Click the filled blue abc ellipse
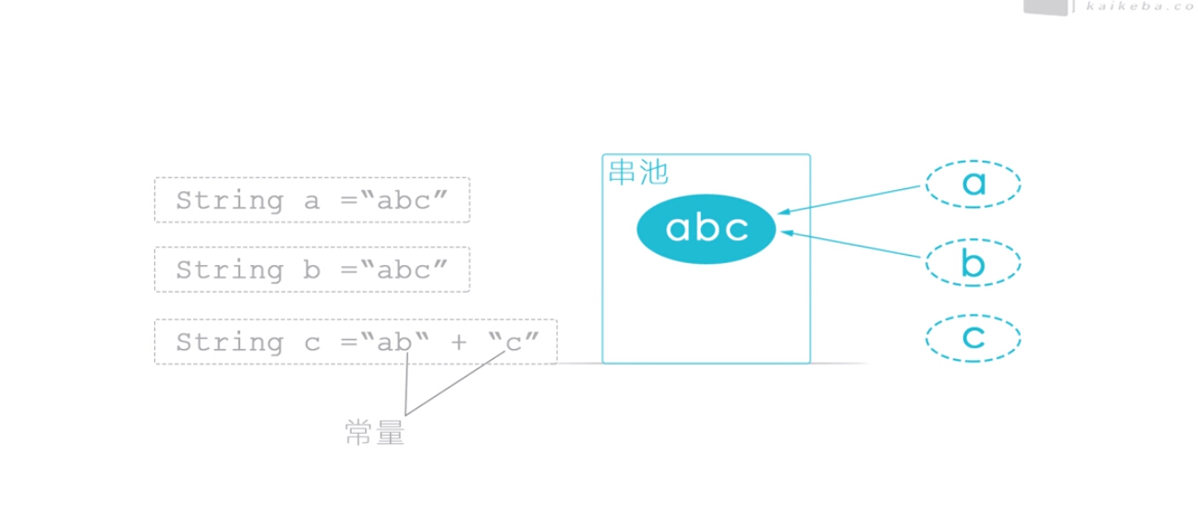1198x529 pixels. [x=706, y=229]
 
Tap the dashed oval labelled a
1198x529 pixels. [x=974, y=162]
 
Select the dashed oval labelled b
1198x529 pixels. [x=974, y=240]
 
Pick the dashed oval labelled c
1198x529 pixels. [x=974, y=316]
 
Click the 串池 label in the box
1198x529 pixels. [x=638, y=172]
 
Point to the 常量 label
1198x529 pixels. [x=375, y=432]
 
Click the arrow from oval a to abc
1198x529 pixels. [x=849, y=199]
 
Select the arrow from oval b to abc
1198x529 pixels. [x=851, y=245]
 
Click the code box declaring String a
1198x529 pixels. [x=312, y=199]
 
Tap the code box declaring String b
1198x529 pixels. [x=312, y=270]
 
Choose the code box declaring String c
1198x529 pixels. [x=356, y=342]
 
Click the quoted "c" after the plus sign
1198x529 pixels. [x=514, y=342]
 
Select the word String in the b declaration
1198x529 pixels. [x=230, y=271]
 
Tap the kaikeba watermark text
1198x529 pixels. [x=1142, y=6]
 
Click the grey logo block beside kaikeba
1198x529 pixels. [x=1046, y=7]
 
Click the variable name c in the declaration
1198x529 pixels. [x=312, y=343]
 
